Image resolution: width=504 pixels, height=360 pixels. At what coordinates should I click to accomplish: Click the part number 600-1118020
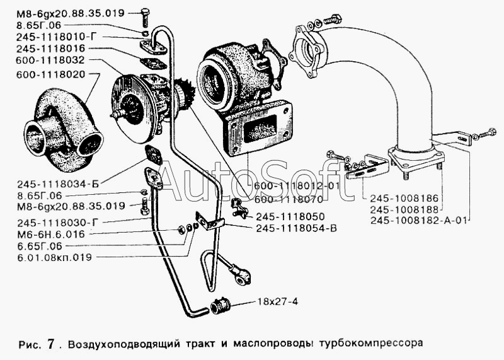click(50, 74)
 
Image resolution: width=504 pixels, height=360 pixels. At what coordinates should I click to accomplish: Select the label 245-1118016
click(50, 49)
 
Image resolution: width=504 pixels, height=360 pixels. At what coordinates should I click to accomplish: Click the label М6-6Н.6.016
click(50, 234)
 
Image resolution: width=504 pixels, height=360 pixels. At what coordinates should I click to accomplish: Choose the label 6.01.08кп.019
click(54, 257)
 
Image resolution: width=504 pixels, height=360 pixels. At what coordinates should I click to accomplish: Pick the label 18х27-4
click(277, 302)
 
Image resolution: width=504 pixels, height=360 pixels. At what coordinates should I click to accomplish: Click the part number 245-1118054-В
click(296, 228)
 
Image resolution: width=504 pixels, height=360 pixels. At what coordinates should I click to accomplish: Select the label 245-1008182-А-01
click(418, 221)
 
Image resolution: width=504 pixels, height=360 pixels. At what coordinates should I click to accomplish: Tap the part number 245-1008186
click(404, 197)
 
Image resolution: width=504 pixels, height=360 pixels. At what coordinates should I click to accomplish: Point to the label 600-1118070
click(289, 199)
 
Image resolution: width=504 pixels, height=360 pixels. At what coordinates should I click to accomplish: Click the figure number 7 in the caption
click(50, 344)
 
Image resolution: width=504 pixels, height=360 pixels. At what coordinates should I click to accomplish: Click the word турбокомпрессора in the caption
click(371, 343)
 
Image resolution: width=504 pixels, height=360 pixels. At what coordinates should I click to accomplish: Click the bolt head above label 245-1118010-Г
click(144, 13)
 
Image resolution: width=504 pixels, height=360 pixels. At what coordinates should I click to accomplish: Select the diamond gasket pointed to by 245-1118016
click(154, 64)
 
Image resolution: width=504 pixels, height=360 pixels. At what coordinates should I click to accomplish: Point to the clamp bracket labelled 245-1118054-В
click(210, 221)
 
